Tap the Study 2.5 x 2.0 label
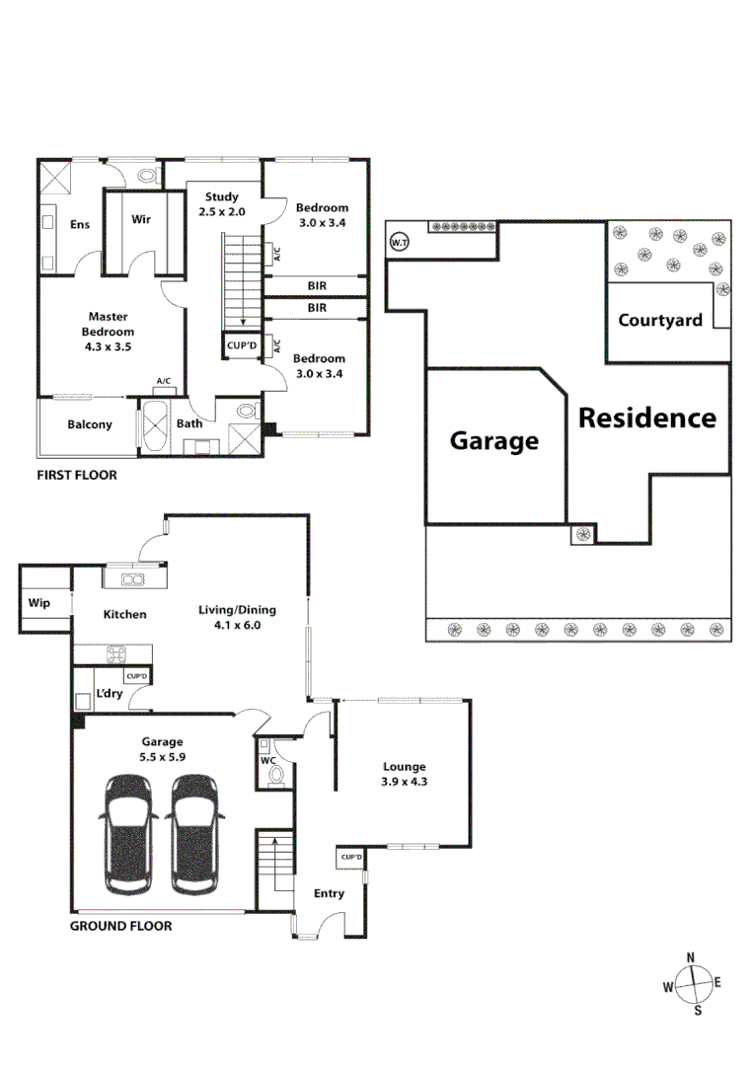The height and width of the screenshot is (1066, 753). point(221,204)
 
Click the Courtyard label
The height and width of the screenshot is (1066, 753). point(660,320)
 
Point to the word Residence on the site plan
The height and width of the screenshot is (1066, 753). point(646,418)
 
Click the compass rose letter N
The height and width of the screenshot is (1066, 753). point(691,957)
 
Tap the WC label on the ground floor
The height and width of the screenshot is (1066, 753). point(267,761)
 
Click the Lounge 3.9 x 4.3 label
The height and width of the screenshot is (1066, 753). point(405,774)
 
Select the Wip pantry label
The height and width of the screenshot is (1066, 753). point(38,603)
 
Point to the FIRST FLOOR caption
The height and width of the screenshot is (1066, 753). point(77,476)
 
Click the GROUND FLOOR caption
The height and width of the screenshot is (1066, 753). point(120,926)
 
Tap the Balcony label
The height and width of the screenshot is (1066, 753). point(90,425)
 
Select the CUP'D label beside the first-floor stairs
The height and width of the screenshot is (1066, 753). point(242,346)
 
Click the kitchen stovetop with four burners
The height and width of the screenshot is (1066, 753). point(116,653)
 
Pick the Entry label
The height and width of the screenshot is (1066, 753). point(329,894)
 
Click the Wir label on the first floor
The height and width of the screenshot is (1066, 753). point(141,220)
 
